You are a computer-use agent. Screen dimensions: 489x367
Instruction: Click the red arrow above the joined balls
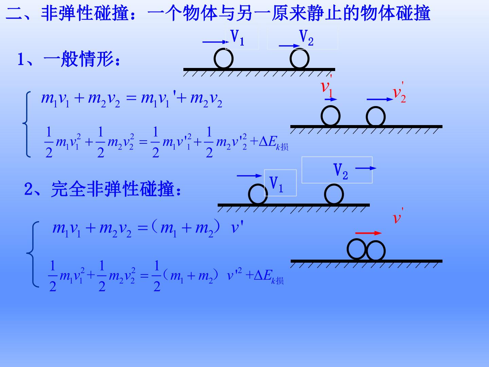[368, 233]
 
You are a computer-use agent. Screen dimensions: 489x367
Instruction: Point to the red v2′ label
[399, 92]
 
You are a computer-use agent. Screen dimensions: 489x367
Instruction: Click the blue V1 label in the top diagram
[237, 38]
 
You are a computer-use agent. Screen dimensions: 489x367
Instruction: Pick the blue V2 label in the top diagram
[306, 38]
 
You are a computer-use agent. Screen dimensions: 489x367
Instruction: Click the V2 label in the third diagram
[341, 171]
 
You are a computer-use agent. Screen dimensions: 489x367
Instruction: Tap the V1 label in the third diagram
[276, 184]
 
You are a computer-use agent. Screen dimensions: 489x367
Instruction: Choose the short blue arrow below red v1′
[331, 99]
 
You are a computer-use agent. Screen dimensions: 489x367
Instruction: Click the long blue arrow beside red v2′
[380, 99]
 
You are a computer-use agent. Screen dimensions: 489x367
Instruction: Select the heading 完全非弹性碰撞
[112, 189]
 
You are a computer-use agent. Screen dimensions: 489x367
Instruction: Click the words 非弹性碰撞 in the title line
[85, 13]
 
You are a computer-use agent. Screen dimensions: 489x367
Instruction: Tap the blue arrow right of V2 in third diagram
[366, 168]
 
